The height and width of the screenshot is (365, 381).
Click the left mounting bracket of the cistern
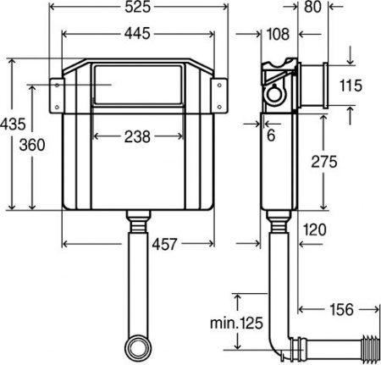pos(57,94)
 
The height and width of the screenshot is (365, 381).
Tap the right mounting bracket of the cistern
pos(218,94)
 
